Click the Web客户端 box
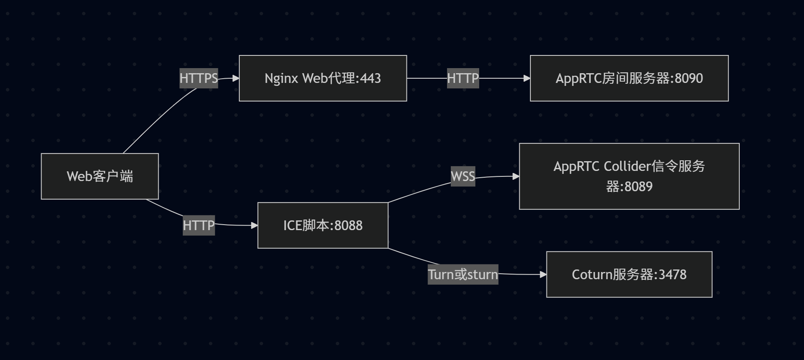pos(100,176)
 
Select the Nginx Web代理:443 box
pos(323,78)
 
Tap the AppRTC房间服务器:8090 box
pos(629,78)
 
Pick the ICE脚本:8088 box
pos(323,225)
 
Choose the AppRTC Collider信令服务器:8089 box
pos(629,176)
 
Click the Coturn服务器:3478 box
pos(629,275)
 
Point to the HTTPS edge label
pos(198,78)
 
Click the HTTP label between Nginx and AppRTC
pos(463,78)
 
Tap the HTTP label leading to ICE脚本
pos(198,225)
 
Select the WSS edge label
pos(463,176)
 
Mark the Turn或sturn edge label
pos(463,275)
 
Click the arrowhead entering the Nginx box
pos(236,78)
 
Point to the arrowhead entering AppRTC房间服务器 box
pos(527,78)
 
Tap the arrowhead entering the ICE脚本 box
pos(255,225)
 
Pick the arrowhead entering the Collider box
pos(516,176)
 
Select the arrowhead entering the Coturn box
pos(543,275)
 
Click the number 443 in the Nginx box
pos(370,78)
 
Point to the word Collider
pos(627,166)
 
